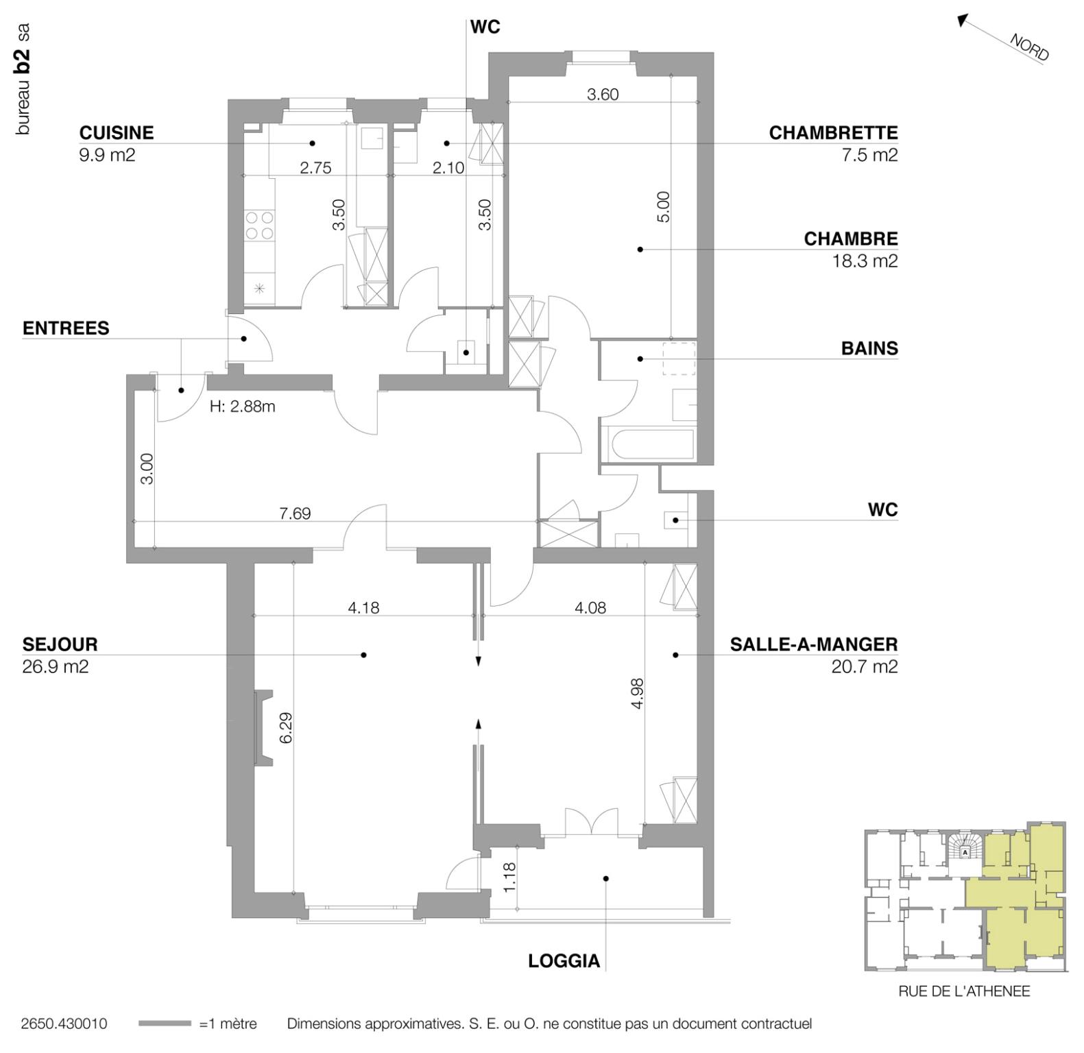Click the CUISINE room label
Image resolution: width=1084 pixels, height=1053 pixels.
116,132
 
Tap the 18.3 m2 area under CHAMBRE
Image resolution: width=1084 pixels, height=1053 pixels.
864,261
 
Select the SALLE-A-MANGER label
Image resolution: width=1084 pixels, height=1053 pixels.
813,644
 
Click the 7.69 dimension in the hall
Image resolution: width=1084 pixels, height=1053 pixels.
295,513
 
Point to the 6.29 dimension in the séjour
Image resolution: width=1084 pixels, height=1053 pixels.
286,727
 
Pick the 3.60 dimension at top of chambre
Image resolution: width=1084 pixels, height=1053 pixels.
603,95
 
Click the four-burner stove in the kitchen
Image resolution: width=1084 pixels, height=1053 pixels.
259,226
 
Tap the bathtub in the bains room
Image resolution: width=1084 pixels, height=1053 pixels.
648,444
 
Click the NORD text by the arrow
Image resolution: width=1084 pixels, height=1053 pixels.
1028,47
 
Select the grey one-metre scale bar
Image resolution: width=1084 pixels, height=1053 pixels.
165,1024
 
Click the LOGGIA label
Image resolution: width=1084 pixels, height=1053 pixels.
564,961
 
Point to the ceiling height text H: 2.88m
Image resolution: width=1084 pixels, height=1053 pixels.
242,407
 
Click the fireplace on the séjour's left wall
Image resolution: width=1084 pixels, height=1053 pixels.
263,727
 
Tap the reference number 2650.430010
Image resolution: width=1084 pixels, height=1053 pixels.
64,1024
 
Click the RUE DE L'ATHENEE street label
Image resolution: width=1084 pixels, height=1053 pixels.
963,991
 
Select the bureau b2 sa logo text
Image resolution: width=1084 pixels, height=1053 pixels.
23,79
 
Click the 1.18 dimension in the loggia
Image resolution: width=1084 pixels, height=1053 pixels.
509,876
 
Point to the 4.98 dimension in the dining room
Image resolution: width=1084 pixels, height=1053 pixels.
637,693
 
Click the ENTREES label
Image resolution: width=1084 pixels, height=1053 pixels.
66,328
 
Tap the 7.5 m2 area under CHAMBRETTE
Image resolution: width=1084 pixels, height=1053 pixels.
869,155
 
